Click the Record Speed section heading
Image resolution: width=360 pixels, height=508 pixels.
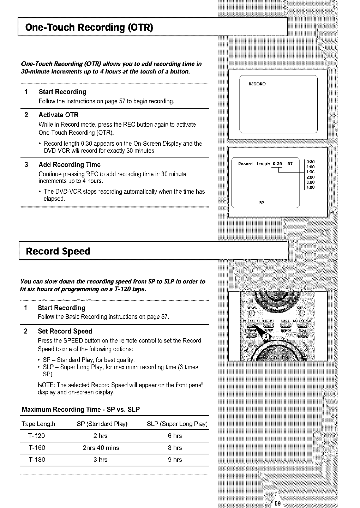tap(58, 252)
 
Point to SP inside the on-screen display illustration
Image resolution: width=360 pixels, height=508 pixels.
tap(262, 203)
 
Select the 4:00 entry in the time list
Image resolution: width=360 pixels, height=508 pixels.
tap(311, 187)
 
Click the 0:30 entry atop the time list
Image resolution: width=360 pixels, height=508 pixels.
tap(311, 162)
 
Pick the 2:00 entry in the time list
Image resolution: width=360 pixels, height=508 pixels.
tap(311, 177)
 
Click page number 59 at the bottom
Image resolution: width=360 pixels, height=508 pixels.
tap(277, 503)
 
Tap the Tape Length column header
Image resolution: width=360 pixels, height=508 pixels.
tap(38, 424)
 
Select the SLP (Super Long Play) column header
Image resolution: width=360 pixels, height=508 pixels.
tap(177, 424)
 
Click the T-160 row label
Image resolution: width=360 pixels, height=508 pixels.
tap(37, 448)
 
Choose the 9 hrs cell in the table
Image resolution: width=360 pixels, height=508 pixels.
tap(175, 460)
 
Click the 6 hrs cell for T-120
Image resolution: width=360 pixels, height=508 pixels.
tap(175, 436)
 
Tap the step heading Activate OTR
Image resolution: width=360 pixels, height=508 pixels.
tap(59, 115)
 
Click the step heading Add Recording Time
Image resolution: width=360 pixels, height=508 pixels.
tap(70, 165)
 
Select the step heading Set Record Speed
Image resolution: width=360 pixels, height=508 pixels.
tap(65, 331)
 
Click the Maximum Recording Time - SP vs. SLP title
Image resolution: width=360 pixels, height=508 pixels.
tap(81, 410)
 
